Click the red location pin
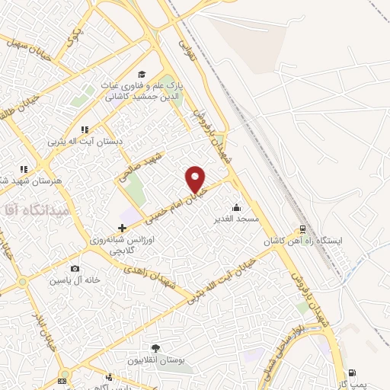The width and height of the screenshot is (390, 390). [196, 180]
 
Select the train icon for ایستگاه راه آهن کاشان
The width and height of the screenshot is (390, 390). [303, 229]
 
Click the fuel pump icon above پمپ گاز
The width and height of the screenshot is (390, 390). [352, 373]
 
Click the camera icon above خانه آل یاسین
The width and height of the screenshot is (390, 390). [75, 268]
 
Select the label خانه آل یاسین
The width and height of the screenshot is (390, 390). [75, 280]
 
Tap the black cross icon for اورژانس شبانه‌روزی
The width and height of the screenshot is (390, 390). [123, 228]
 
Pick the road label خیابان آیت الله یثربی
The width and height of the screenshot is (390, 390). [226, 280]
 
